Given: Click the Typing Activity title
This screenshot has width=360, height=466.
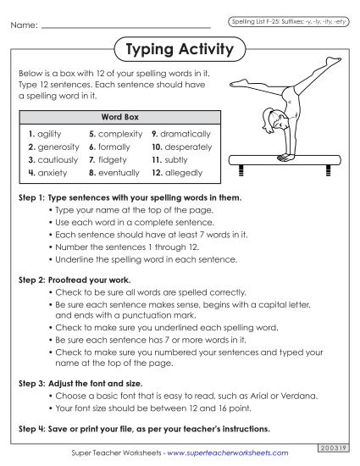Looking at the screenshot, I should point(179,50).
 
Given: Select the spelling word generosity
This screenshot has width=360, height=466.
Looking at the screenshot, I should point(53,147).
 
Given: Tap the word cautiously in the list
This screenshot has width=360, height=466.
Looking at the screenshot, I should point(53,159).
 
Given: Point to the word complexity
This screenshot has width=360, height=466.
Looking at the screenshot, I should point(119,134).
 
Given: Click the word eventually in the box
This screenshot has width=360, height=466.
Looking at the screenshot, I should point(119,173).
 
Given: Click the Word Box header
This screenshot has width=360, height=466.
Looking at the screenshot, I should point(119,116).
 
